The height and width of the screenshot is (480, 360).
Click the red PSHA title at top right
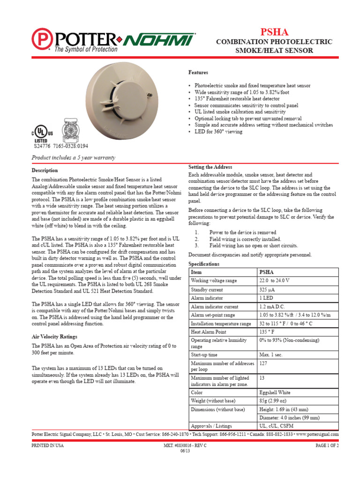click(274, 32)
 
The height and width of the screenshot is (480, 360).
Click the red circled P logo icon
click(42, 38)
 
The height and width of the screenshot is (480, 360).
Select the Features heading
click(198, 73)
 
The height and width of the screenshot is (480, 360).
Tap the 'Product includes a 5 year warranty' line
click(73, 157)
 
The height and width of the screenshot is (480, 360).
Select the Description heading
click(45, 170)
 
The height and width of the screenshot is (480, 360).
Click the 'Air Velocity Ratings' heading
click(54, 337)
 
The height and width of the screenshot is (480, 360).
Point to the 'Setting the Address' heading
click(210, 167)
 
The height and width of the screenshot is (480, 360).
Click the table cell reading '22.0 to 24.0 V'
click(275, 280)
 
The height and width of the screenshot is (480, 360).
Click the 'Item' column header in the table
click(196, 272)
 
